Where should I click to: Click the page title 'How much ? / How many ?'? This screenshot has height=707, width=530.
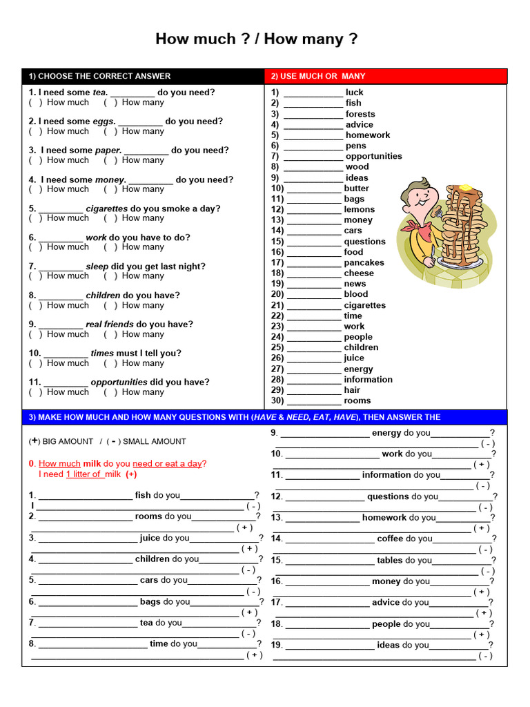[256, 39]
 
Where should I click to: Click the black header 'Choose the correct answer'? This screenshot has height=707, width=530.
[99, 76]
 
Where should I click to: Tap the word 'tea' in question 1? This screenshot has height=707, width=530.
[99, 92]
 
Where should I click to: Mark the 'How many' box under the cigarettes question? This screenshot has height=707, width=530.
[110, 218]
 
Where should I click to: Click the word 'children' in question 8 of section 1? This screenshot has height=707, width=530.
[103, 296]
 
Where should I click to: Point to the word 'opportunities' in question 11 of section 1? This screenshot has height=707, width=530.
[119, 382]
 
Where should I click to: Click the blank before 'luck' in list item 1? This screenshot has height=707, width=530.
[313, 93]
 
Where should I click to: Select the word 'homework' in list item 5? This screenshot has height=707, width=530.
[367, 135]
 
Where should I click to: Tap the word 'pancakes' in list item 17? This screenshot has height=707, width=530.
[364, 262]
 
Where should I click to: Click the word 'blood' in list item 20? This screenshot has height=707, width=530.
[356, 294]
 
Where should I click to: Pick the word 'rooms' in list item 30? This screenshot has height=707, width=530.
[357, 400]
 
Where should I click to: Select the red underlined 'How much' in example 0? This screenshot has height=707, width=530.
[59, 463]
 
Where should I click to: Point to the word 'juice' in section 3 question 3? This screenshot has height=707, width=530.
[150, 538]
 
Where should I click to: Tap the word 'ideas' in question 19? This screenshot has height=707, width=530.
[389, 645]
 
